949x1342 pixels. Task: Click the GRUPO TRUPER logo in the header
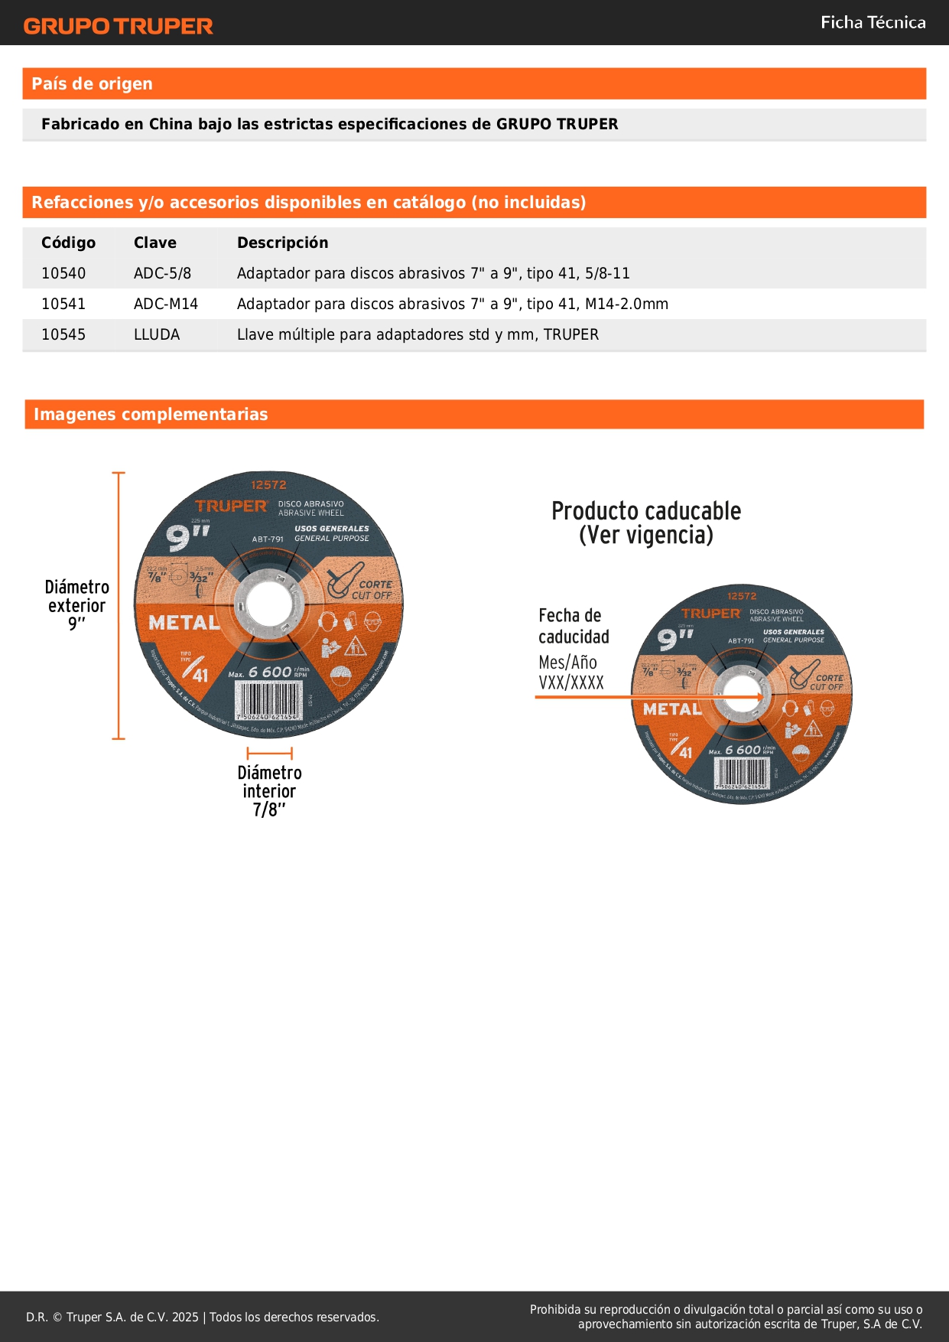(x=119, y=26)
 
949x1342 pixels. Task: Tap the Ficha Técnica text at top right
(x=873, y=23)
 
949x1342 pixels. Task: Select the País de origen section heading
(x=93, y=84)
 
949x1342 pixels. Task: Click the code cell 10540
(x=63, y=273)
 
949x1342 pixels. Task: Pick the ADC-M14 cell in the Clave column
(x=166, y=304)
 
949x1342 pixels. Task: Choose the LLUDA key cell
(x=157, y=334)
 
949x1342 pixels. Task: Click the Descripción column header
(x=282, y=243)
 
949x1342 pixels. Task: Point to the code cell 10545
(x=63, y=334)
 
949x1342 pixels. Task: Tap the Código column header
(x=68, y=243)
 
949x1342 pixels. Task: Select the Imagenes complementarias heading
(x=151, y=415)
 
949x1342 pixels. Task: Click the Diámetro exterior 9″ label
(x=76, y=605)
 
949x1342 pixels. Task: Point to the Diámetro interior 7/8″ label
(x=269, y=791)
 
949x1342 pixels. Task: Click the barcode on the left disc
(x=268, y=700)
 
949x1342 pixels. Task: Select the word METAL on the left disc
(x=184, y=623)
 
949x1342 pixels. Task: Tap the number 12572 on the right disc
(x=742, y=596)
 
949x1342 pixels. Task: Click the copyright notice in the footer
(x=203, y=1317)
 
